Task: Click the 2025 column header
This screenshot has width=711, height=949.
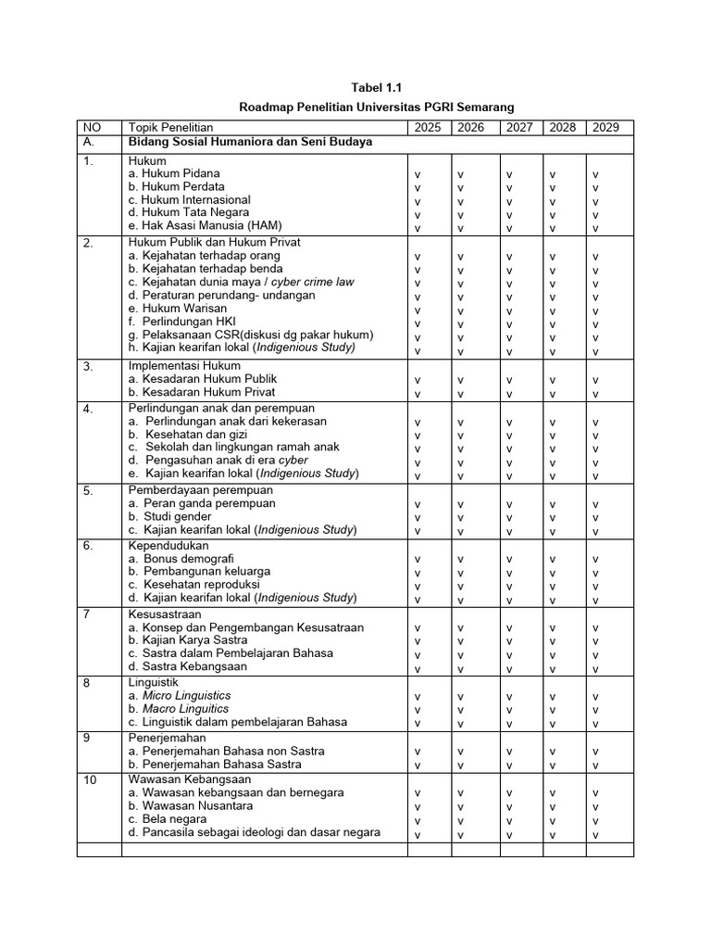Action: point(429,127)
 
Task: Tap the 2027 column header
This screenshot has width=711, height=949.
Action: point(519,127)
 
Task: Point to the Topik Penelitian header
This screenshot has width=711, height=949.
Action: point(171,127)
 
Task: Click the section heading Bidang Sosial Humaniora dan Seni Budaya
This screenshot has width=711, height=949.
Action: point(250,143)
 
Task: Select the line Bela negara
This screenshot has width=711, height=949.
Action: point(164,819)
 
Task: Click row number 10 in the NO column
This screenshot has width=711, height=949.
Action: point(91,780)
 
